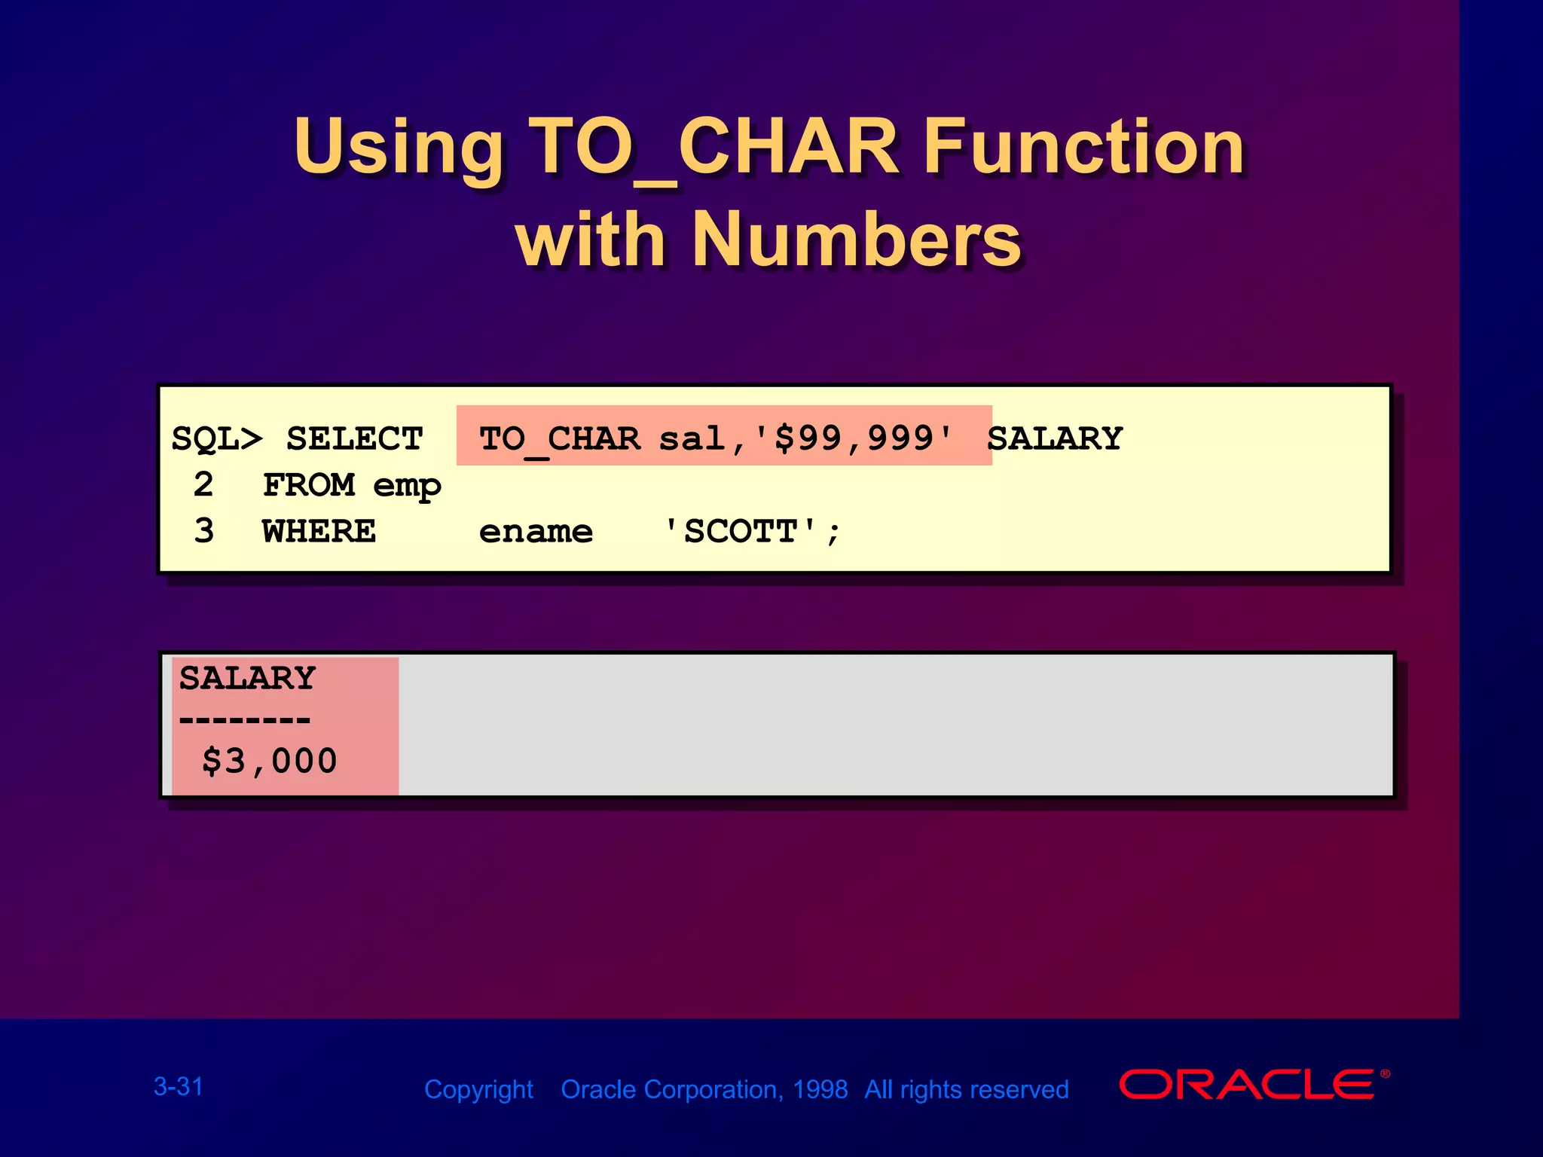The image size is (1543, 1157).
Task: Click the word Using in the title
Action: [x=399, y=147]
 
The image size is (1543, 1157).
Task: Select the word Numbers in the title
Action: [x=856, y=240]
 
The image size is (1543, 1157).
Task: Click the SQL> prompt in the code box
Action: [x=217, y=439]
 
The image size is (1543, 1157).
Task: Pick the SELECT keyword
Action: [x=354, y=439]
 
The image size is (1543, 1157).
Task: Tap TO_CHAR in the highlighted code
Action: [x=560, y=439]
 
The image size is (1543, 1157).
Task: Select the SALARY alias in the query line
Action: [x=1054, y=438]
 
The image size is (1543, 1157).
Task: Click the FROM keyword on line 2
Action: [x=308, y=485]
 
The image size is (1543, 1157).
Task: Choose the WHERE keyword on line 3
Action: [x=319, y=532]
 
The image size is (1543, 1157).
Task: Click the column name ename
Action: [x=536, y=532]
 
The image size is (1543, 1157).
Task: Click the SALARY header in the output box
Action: [x=247, y=678]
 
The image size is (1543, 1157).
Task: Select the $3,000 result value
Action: [x=269, y=761]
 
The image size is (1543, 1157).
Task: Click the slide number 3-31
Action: [x=179, y=1086]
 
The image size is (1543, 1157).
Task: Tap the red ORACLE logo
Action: [x=1248, y=1085]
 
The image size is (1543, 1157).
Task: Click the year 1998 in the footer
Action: [x=820, y=1089]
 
